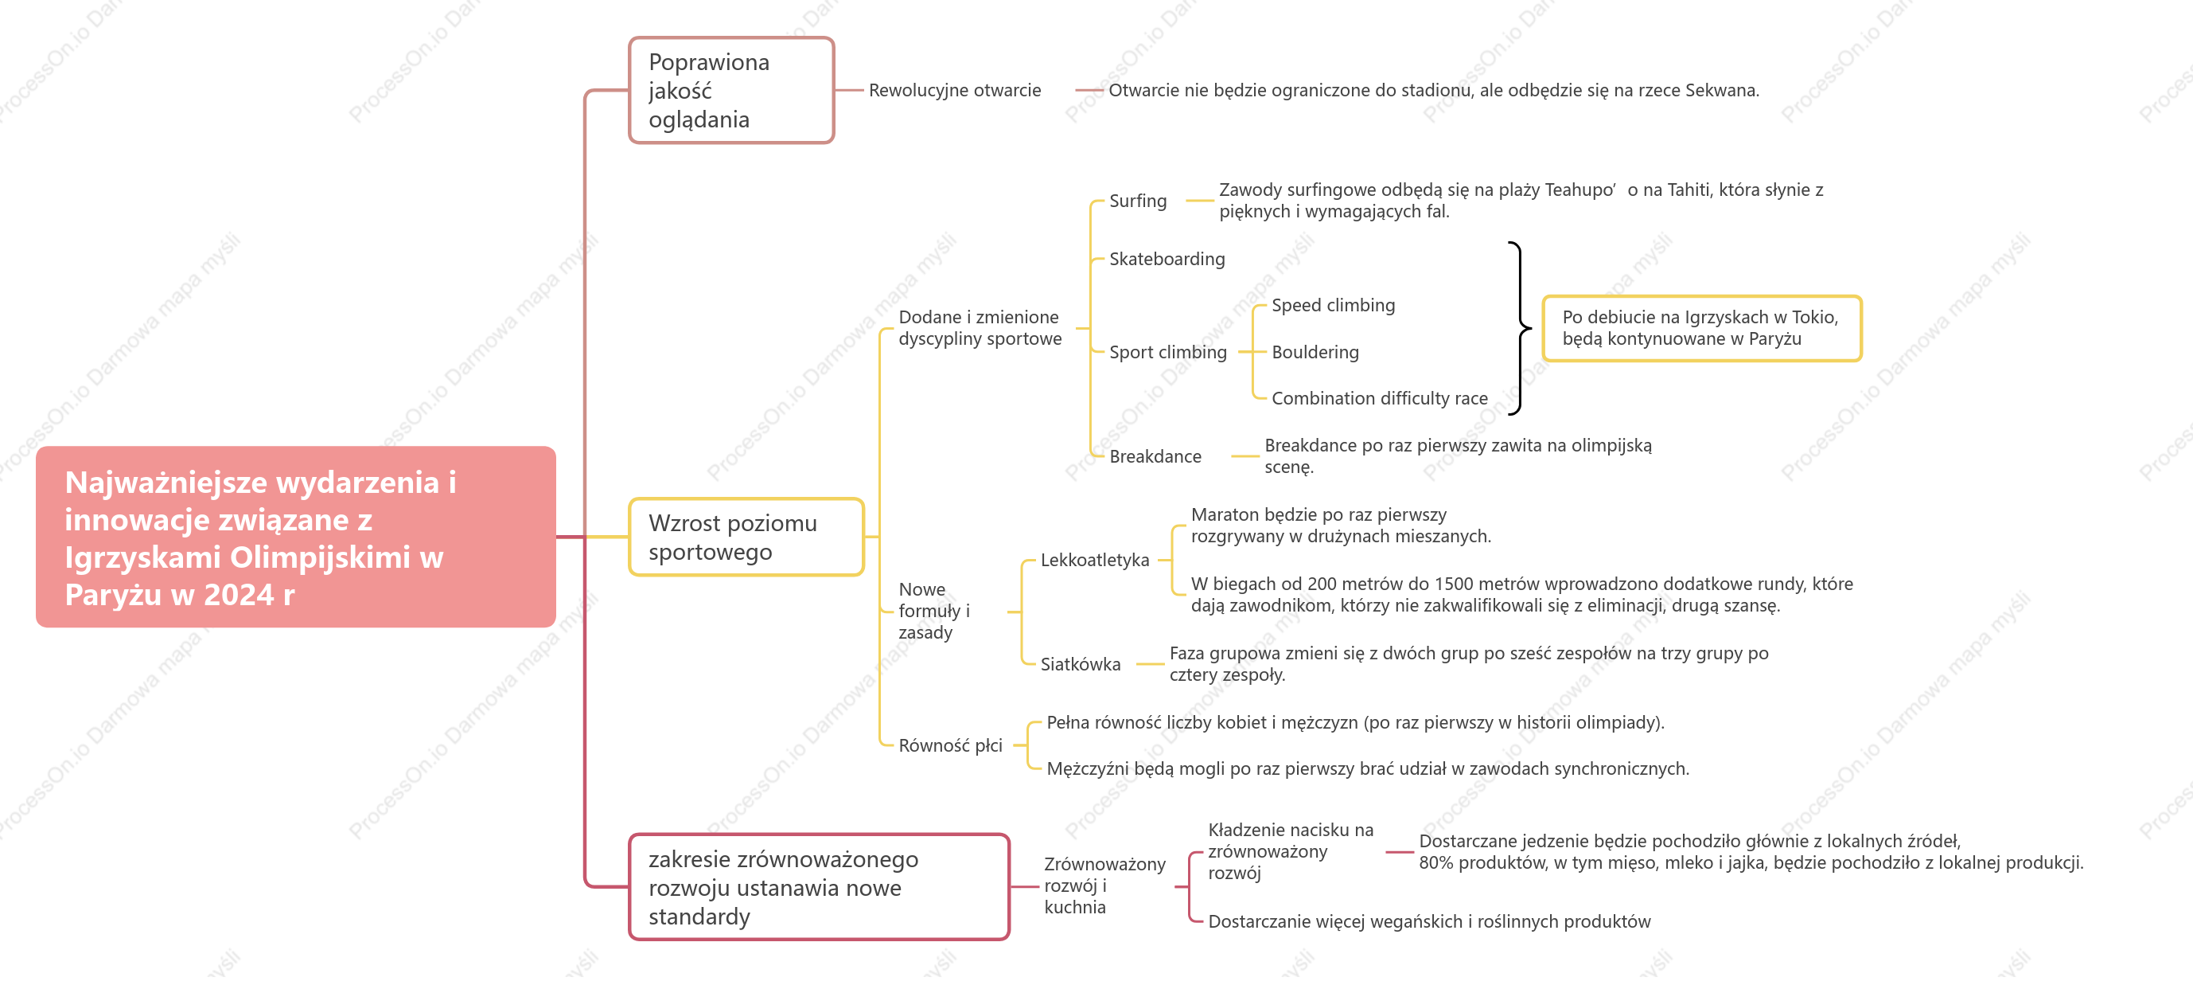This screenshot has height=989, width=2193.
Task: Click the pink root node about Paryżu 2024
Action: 295,537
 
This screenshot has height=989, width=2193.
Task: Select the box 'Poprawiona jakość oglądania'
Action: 731,90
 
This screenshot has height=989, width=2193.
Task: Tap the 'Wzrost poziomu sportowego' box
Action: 746,537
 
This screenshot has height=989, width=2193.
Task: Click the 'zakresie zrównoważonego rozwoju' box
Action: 819,887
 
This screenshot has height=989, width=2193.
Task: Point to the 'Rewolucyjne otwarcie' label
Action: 954,90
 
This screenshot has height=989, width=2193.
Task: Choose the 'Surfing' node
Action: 1137,201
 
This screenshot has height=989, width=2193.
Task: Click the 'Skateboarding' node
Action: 1167,259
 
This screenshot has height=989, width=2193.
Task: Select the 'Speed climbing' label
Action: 1333,305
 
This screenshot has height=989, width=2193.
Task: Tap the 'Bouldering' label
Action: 1315,352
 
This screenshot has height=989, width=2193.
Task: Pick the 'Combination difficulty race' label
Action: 1379,398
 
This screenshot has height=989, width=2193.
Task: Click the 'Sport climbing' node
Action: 1168,352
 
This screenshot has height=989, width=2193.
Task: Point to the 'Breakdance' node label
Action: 1155,456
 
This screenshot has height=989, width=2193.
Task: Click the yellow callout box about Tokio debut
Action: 1702,328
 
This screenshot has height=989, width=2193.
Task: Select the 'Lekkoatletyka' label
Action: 1095,560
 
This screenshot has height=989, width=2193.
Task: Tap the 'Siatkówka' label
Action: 1081,664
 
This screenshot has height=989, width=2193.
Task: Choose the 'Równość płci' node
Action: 950,745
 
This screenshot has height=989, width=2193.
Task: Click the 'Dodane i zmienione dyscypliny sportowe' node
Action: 980,328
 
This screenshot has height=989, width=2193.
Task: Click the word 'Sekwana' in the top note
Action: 1721,90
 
